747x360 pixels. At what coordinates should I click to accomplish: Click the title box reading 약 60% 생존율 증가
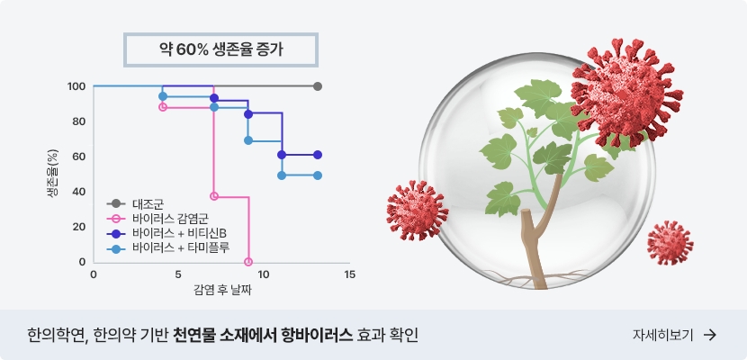point(220,49)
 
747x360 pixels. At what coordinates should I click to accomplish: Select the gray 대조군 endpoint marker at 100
point(318,86)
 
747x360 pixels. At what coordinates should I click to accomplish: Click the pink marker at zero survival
point(248,261)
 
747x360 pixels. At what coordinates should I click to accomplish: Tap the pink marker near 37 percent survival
point(214,196)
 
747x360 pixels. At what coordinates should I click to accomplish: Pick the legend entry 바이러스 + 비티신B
point(166,233)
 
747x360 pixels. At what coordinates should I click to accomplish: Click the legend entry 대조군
point(135,203)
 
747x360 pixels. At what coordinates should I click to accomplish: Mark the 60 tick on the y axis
point(78,157)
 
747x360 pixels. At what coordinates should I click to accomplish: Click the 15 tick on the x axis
point(350,274)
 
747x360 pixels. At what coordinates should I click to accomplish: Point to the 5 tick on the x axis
point(178,274)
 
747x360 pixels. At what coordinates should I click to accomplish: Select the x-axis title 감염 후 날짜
point(222,290)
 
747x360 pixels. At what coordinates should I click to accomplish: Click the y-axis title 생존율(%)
point(53,174)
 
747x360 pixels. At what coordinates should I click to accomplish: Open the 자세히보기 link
point(662,335)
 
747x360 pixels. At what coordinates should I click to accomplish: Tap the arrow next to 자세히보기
point(710,335)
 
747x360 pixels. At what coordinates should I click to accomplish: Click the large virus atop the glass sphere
point(626,93)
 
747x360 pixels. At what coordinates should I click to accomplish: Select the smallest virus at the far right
point(670,243)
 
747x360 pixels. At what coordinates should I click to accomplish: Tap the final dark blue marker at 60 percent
point(318,155)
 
